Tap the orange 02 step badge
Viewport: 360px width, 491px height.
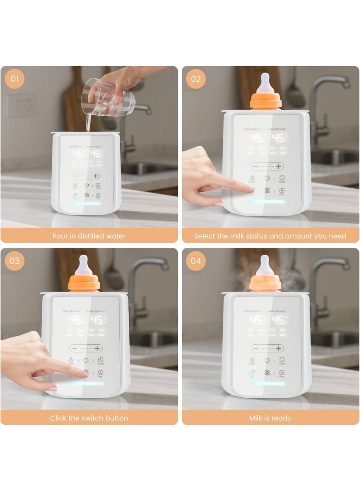pos(196,79)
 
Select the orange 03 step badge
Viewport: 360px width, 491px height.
pos(14,261)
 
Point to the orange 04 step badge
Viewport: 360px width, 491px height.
pos(196,261)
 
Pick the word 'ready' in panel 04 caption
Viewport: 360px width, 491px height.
pos(283,418)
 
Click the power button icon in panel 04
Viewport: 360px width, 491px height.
pos(267,360)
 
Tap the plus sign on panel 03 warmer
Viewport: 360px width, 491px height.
pos(97,348)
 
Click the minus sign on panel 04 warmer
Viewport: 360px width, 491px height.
pos(256,348)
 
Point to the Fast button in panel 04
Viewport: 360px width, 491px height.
pos(282,373)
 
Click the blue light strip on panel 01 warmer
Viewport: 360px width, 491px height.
pos(86,203)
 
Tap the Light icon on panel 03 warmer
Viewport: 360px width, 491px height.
pos(71,360)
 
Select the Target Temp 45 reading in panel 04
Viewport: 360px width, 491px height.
pos(257,320)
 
